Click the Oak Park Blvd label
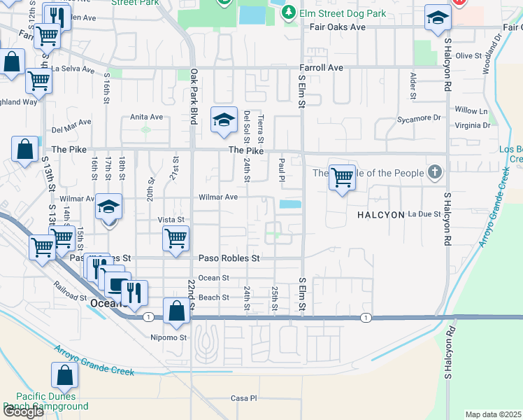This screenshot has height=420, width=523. point(194,97)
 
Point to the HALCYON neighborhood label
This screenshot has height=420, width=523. point(381,215)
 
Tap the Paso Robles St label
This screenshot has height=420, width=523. point(229,258)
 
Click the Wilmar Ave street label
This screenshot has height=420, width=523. point(217,197)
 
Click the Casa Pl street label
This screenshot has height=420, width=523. point(244,398)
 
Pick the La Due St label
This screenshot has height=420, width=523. point(424,214)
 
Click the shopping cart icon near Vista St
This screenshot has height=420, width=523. point(175,239)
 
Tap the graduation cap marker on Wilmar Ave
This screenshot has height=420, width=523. point(109,207)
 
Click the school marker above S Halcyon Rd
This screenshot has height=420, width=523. point(438,19)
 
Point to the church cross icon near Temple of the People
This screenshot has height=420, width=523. point(435,172)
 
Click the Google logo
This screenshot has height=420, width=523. point(23,412)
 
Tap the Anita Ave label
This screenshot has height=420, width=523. point(146,117)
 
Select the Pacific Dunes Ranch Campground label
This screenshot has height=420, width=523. point(45,401)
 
